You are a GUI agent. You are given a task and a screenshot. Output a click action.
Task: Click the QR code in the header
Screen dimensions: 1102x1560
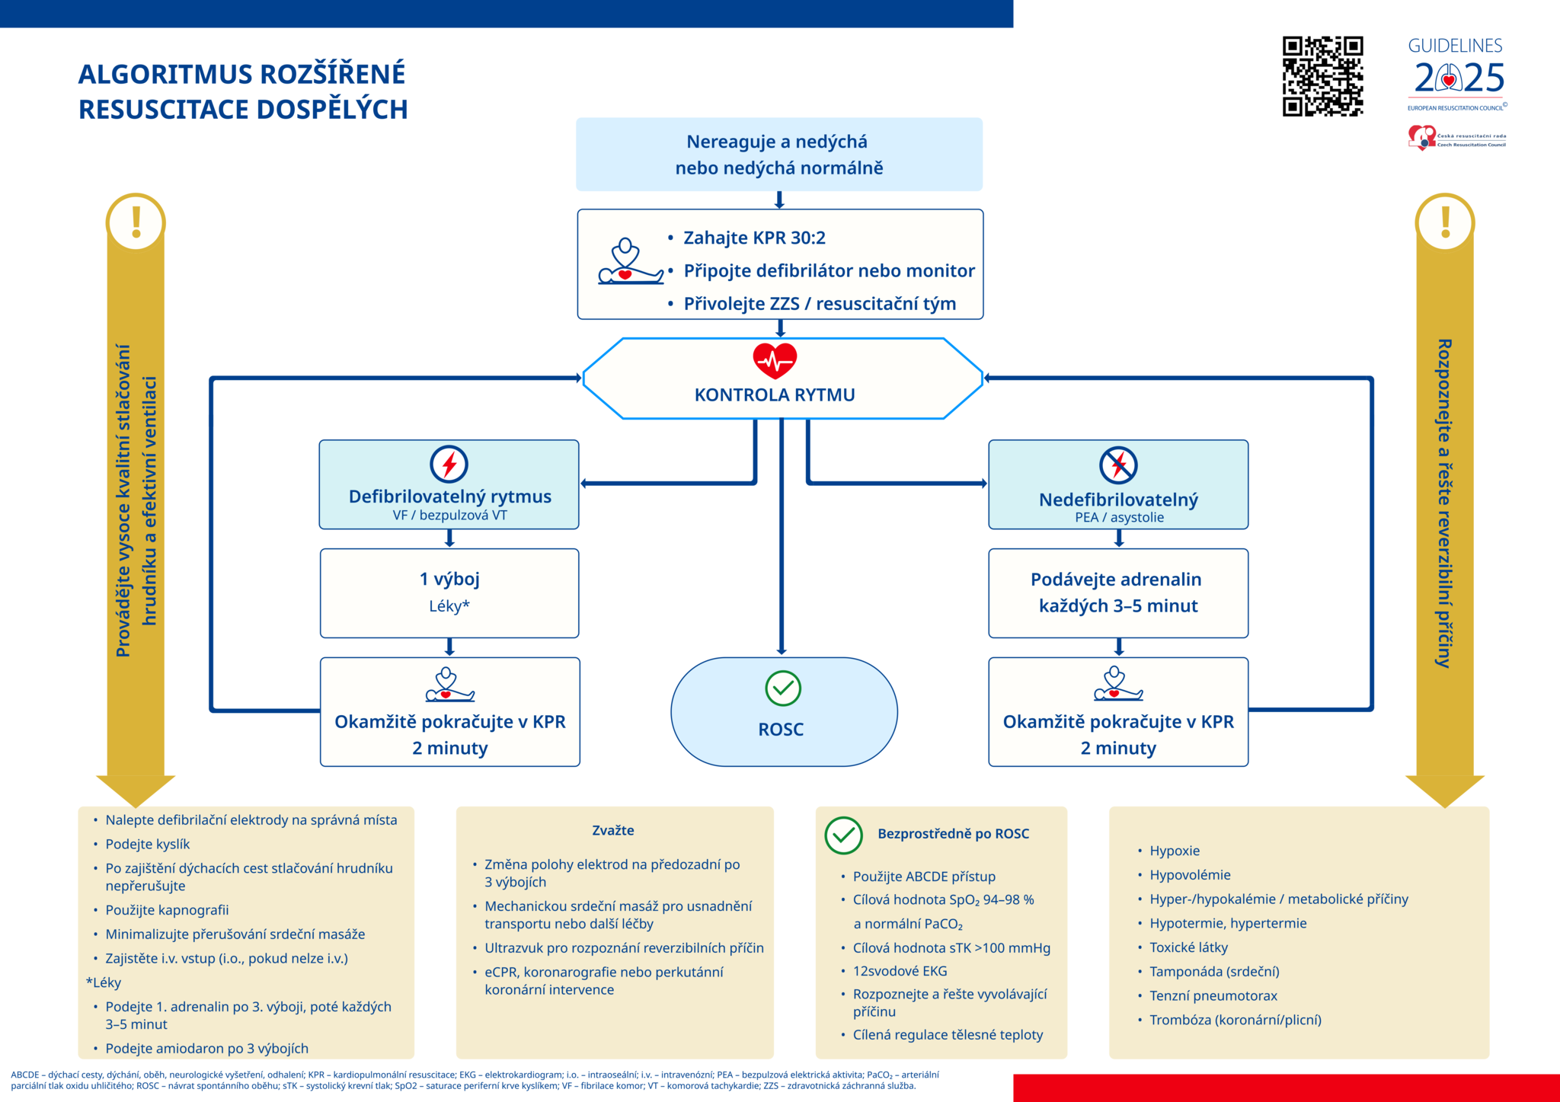point(1322,76)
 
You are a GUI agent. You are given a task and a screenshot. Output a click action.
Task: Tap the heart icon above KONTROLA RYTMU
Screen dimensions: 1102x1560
point(775,360)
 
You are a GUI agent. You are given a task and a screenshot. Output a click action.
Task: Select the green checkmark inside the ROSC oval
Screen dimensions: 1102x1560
point(782,688)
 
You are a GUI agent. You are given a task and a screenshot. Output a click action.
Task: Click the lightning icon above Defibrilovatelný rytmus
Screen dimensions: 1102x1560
point(449,464)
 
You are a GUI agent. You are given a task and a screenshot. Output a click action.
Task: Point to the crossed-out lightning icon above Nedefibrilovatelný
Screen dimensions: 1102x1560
point(1117,465)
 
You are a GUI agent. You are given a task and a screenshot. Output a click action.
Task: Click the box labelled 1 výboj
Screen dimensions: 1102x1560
point(449,592)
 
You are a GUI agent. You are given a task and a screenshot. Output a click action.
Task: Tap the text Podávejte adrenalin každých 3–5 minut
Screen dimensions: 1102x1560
point(1117,593)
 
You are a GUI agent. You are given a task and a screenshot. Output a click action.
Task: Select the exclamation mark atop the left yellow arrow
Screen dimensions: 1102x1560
point(136,222)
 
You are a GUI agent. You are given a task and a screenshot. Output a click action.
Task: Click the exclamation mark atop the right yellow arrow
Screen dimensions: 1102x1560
point(1445,222)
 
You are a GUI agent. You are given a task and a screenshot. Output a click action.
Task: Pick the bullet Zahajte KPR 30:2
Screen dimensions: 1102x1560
point(753,238)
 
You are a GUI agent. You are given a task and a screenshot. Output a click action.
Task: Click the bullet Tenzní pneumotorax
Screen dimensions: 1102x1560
point(1213,995)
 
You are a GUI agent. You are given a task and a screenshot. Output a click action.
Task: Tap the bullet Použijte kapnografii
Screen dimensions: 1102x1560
point(167,910)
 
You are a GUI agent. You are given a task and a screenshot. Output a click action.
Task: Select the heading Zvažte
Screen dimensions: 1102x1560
point(613,830)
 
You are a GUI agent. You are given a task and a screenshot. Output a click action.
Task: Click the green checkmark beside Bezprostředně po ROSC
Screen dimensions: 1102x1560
point(843,835)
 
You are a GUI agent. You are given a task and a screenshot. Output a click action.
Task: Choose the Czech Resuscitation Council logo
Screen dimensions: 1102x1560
point(1456,139)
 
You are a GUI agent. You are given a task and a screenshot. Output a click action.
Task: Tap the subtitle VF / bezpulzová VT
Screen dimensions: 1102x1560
point(449,516)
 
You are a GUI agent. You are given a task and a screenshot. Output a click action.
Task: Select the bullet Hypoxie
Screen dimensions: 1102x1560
point(1174,851)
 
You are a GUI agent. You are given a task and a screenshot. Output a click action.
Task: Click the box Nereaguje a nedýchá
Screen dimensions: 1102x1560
point(778,155)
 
